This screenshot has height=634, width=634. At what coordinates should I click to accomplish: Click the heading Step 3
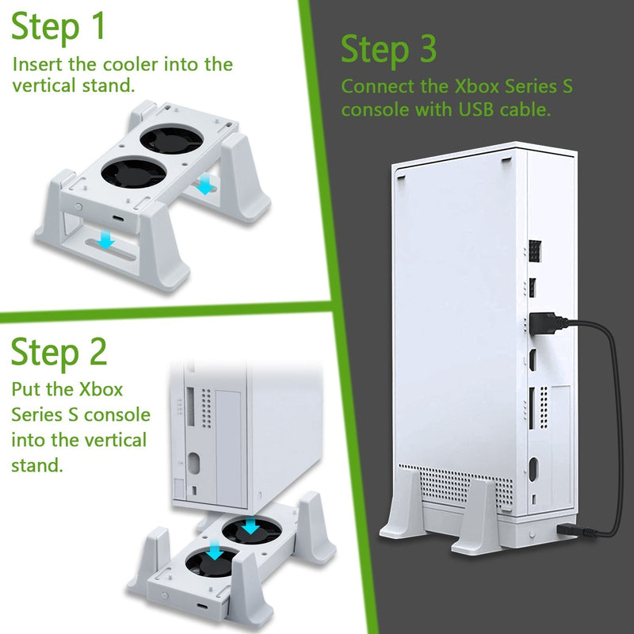(x=388, y=50)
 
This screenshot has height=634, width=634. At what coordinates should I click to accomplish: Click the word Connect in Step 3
(x=373, y=86)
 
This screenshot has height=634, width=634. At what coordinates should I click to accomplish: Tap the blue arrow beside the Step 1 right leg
(x=204, y=185)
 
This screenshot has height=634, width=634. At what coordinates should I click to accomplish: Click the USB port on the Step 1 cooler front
(x=117, y=220)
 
